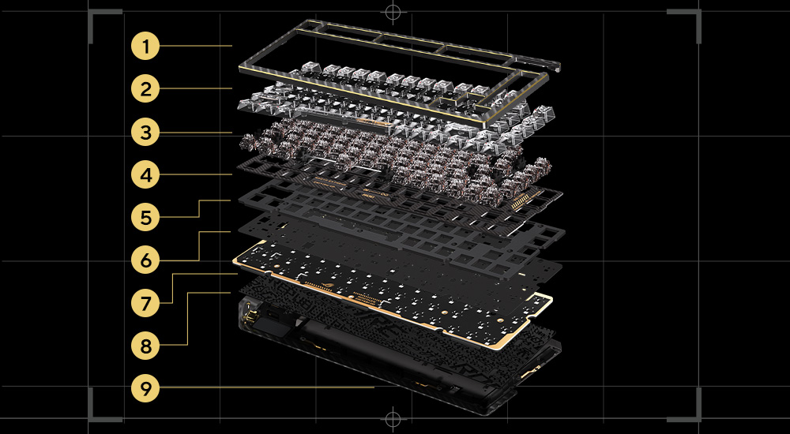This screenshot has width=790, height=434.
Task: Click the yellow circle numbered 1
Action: (145, 47)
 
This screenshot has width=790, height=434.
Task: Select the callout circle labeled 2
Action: (145, 90)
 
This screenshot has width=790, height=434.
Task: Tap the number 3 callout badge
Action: (145, 133)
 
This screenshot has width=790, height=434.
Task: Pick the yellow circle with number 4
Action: (145, 175)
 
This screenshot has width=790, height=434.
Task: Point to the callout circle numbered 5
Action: (145, 218)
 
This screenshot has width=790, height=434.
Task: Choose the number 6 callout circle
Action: (145, 261)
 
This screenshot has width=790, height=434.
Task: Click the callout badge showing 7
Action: (145, 304)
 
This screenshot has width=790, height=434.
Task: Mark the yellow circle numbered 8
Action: (145, 346)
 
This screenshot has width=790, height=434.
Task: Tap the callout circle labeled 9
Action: (145, 389)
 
